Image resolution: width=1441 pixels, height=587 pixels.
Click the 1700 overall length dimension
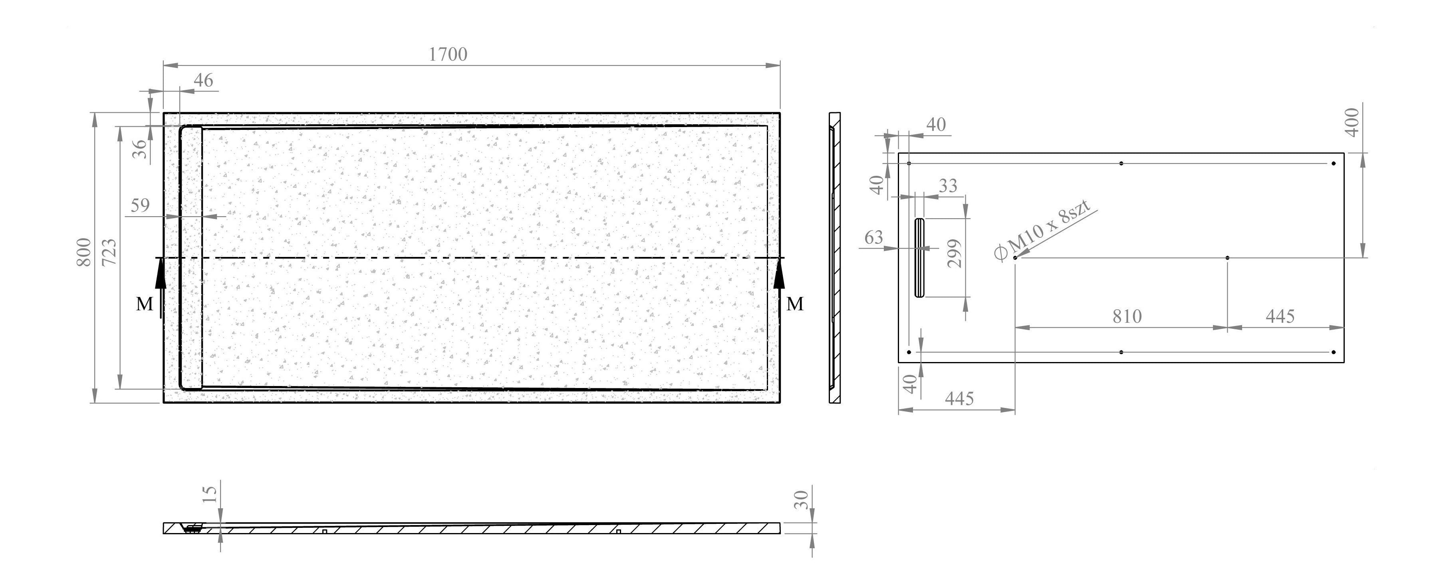pyautogui.click(x=447, y=54)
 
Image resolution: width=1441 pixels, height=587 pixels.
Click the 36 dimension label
pyautogui.click(x=140, y=149)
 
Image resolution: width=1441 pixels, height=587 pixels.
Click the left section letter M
pyautogui.click(x=144, y=304)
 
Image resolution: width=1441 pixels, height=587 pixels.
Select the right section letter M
pyautogui.click(x=794, y=304)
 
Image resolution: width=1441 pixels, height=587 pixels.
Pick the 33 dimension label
pyautogui.click(x=948, y=185)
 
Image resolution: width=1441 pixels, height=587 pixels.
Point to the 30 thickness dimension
pyautogui.click(x=802, y=499)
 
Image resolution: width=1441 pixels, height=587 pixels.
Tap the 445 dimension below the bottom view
pyautogui.click(x=959, y=398)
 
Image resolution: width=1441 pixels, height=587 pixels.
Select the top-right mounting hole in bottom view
pyautogui.click(x=1334, y=163)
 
